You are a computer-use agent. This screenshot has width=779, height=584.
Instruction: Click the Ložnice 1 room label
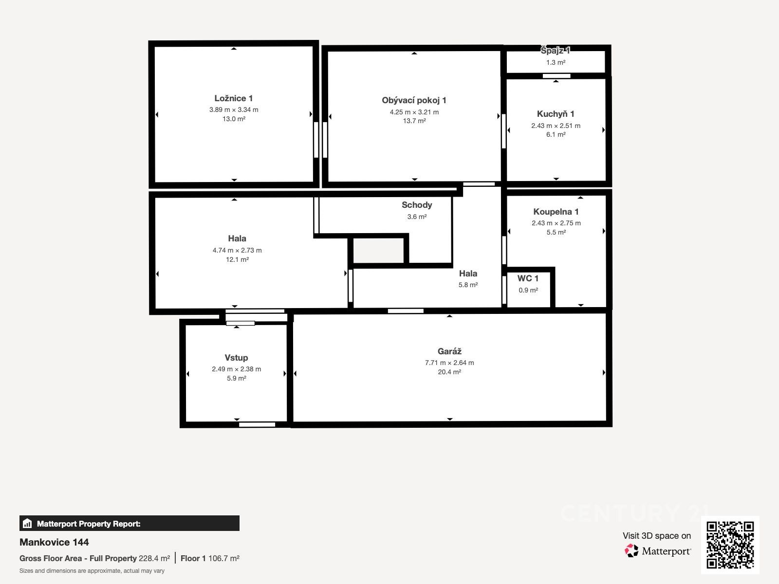coord(234,98)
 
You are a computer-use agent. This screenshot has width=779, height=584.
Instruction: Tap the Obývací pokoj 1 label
coord(414,100)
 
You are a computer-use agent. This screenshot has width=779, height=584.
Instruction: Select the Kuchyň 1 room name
coord(556,114)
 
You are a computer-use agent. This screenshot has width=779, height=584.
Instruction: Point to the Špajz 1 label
coord(556,51)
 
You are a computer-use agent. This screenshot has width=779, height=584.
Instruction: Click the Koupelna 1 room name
coord(556,212)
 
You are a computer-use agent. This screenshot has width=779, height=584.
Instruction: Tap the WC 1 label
coord(528,278)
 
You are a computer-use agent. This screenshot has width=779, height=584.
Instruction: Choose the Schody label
coord(417,205)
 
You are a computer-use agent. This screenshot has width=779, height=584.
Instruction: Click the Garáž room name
coord(449,351)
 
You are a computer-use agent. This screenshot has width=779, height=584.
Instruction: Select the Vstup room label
coord(236,358)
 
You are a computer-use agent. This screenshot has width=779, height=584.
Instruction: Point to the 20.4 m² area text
coord(449,372)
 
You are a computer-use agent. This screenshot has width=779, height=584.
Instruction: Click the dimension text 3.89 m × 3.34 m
coord(234,109)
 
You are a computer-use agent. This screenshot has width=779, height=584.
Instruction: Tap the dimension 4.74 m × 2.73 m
coord(237,250)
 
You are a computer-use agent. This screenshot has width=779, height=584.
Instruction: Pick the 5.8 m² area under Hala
coord(468,285)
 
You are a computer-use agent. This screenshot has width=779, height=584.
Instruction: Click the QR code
coord(730,545)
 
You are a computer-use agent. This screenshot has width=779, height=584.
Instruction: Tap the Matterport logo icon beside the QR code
coord(631,551)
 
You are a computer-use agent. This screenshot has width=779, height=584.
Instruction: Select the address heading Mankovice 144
coord(54,542)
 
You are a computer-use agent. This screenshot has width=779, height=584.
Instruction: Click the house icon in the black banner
coord(27,523)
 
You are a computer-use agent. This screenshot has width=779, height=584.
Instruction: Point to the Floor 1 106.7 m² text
coord(210,559)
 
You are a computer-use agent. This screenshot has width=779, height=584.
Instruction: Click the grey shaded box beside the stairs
coord(378,250)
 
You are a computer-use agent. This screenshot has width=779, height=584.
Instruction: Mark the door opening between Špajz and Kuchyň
coord(556,76)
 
